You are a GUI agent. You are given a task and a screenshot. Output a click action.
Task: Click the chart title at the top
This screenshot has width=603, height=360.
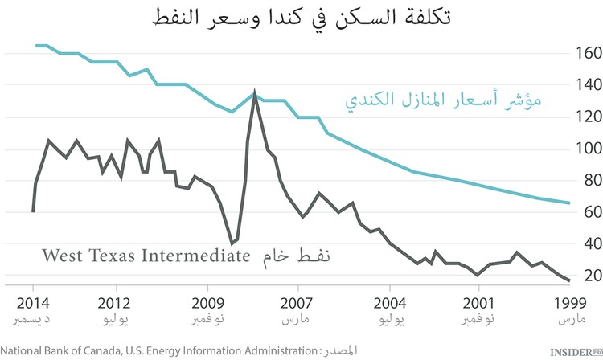pyautogui.click(x=301, y=17)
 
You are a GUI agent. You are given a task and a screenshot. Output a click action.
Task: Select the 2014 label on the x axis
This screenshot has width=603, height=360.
pyautogui.click(x=33, y=305)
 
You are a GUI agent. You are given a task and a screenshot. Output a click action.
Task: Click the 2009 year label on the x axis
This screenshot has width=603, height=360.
pyautogui.click(x=207, y=305)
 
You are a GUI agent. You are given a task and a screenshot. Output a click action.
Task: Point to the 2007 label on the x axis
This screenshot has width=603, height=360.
pyautogui.click(x=298, y=305)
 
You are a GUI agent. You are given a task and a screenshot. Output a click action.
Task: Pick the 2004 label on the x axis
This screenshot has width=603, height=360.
pyautogui.click(x=389, y=305)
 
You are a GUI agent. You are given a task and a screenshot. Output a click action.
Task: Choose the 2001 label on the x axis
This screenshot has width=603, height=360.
pyautogui.click(x=479, y=305)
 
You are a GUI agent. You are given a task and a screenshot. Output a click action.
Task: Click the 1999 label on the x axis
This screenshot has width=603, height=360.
pyautogui.click(x=570, y=305)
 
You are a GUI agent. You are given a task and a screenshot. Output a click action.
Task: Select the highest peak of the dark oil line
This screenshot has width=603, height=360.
pyautogui.click(x=255, y=93)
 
